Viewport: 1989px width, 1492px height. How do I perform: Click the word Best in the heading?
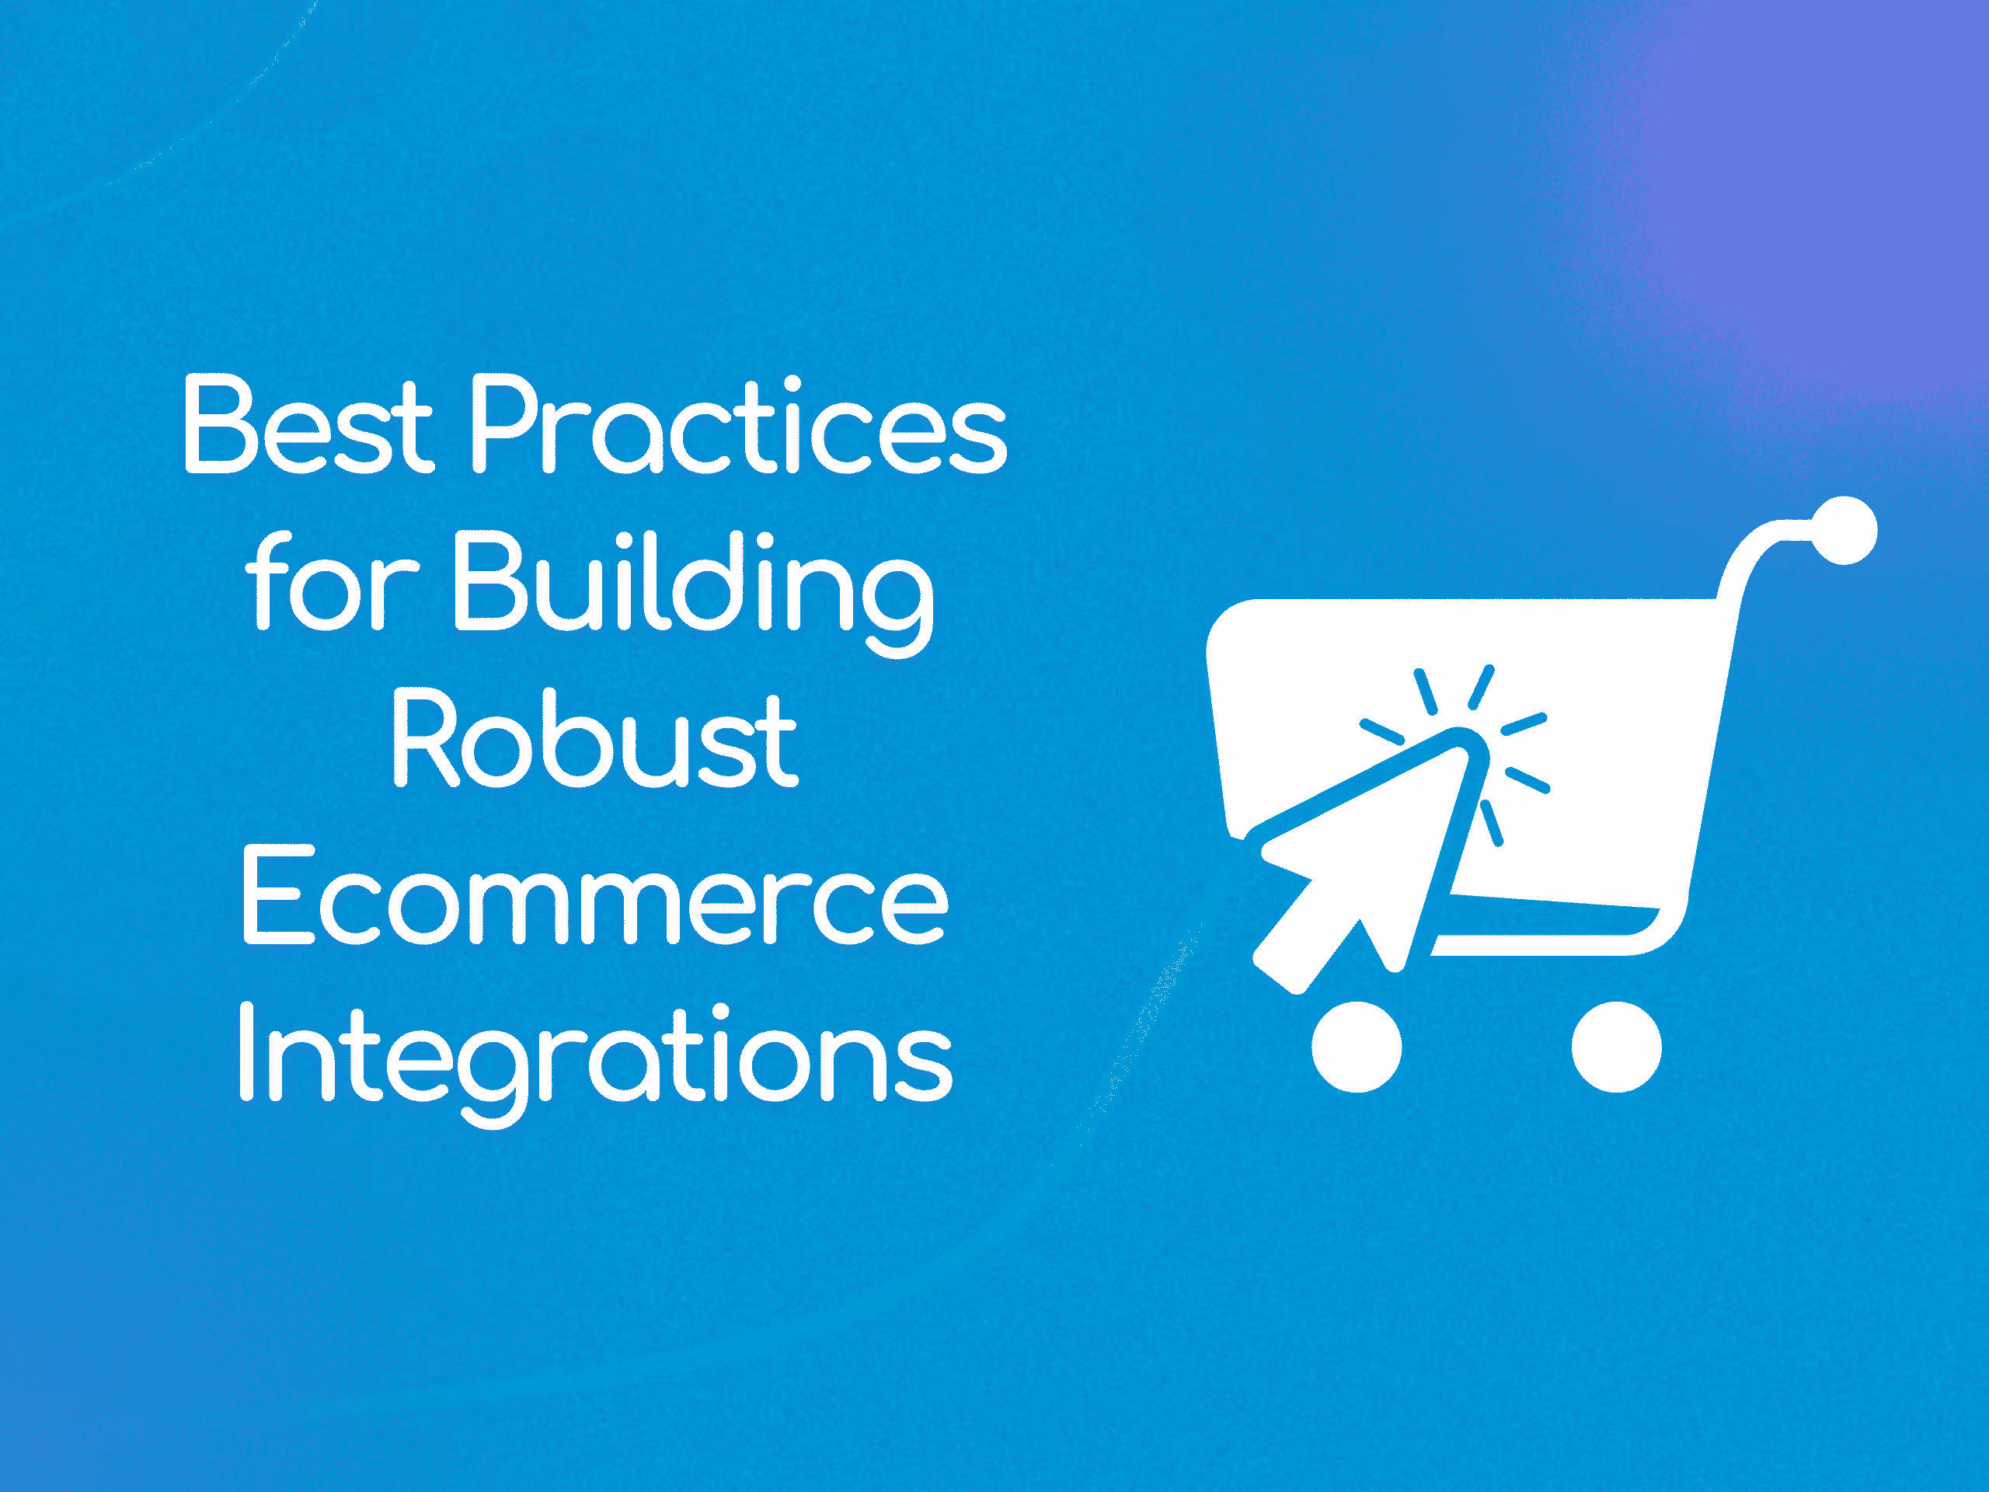click(x=308, y=424)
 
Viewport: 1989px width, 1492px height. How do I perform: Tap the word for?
click(x=332, y=582)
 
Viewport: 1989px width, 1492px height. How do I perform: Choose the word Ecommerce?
click(x=594, y=897)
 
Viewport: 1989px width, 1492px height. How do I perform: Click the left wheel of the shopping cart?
click(x=1356, y=1047)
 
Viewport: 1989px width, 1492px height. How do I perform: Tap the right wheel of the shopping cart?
click(x=1616, y=1047)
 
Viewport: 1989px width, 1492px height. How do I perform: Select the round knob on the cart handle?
click(x=1844, y=531)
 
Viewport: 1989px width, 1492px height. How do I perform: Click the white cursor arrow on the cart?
click(x=1367, y=854)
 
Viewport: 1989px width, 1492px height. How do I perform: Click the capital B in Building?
click(x=489, y=582)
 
